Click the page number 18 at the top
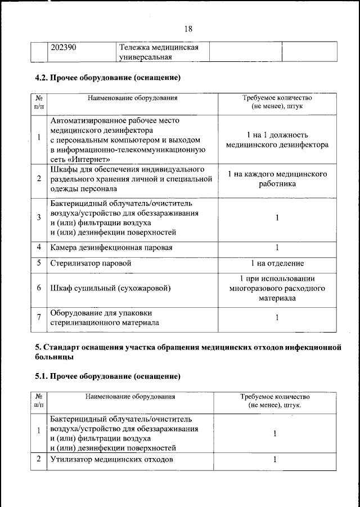coord(188,29)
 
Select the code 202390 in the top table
coord(63,47)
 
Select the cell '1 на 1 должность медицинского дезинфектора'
coord(277,140)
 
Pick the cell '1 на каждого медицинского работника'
coord(277,179)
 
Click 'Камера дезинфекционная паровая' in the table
coord(111,247)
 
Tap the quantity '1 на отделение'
coord(277,263)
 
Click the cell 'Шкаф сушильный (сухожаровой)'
coord(110,288)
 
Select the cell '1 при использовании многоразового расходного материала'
coord(277,288)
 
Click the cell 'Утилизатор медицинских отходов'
coord(111,460)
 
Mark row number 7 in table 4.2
coord(39,318)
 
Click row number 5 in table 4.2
coord(39,263)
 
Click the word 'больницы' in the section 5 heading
coord(54,357)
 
